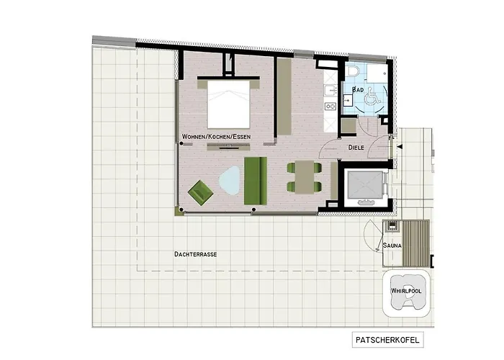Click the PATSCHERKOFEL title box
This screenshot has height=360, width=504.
388,318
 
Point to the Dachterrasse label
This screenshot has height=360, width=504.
196,255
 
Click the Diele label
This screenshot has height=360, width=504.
356,147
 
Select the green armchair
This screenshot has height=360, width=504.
201,192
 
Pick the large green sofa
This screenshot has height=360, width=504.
256,180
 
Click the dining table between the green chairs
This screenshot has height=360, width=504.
305,177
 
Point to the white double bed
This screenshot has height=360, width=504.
228,103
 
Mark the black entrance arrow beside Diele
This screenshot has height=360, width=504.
398,147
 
